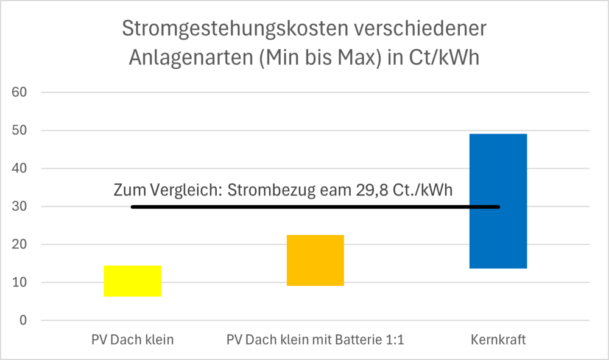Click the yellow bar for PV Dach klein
coord(132,281)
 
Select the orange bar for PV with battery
coord(315,260)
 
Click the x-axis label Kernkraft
coord(498,340)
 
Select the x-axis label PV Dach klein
coord(132,340)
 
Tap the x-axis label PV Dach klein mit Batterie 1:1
coord(315,340)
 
